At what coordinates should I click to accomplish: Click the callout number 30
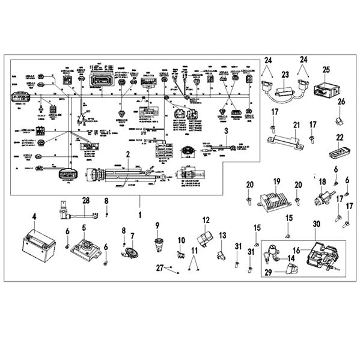pyautogui.click(x=316, y=224)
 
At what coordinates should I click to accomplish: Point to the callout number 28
pyautogui.click(x=86, y=200)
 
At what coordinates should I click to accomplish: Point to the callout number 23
pyautogui.click(x=285, y=75)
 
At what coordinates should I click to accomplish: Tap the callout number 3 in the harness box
pyautogui.click(x=226, y=130)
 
